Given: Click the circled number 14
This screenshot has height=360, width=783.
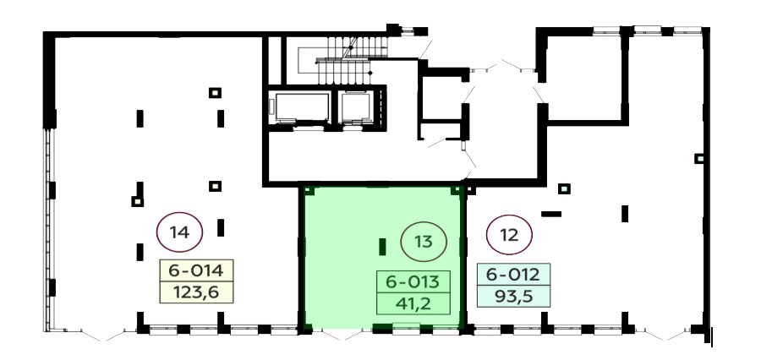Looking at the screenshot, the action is [x=179, y=232].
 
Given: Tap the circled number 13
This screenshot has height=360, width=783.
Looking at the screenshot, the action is [x=424, y=242].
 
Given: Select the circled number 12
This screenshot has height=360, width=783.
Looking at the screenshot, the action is [x=509, y=235].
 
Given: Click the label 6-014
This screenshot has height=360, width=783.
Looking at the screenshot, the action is [x=196, y=270].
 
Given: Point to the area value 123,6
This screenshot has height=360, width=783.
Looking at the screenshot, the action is [x=196, y=292].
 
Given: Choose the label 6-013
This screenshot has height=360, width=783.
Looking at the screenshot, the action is [x=413, y=282].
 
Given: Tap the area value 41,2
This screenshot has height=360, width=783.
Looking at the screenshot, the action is [x=413, y=303].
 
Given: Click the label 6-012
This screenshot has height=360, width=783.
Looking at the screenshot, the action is [x=513, y=275].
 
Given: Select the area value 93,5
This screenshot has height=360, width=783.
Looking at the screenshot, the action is [x=513, y=296].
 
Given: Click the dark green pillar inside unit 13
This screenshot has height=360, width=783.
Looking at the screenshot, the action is [x=382, y=247].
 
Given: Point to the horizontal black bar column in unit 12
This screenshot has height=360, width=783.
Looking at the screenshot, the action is [x=551, y=214].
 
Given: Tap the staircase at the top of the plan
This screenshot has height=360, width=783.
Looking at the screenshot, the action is [x=349, y=60].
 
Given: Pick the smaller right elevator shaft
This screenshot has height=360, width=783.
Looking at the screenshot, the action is [x=355, y=107].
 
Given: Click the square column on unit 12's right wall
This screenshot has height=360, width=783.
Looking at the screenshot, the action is [x=700, y=158].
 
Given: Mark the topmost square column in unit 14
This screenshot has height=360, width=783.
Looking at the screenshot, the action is [x=215, y=92].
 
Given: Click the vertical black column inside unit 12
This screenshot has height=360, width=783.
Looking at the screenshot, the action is [x=625, y=213].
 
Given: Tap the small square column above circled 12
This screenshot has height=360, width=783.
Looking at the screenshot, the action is [x=564, y=188].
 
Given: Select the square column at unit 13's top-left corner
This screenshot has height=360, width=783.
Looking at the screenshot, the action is [x=308, y=190].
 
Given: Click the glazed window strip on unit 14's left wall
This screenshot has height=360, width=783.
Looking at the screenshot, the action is [x=48, y=230].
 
